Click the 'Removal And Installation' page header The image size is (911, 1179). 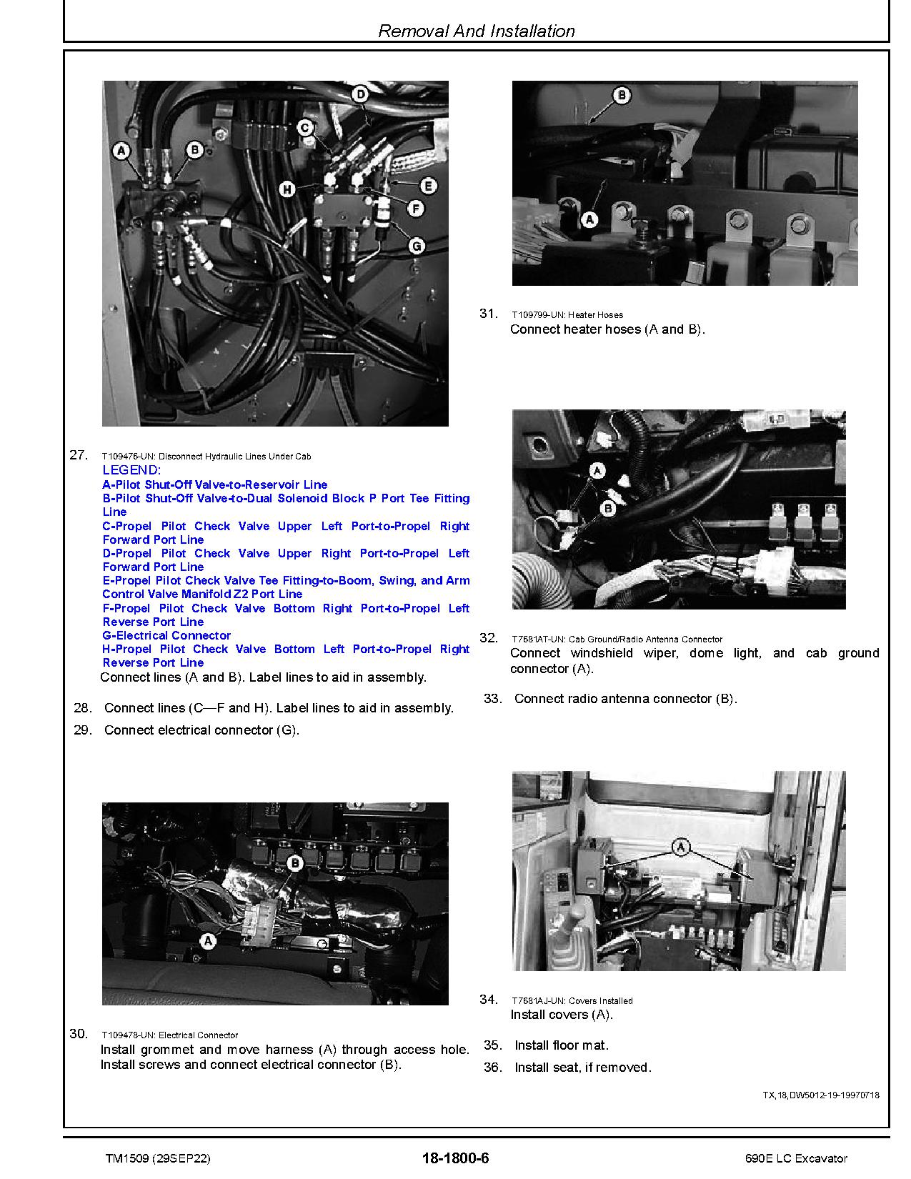coord(476,31)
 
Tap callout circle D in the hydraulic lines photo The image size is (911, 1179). coord(360,94)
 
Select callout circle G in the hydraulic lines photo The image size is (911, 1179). coord(416,245)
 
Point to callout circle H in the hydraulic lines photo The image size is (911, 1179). coord(287,189)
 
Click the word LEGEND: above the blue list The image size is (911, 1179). coord(131,470)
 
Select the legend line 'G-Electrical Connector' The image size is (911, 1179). coord(166,635)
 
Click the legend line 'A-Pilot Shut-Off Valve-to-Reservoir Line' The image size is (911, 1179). coord(214,484)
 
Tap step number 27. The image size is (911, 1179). coord(79,454)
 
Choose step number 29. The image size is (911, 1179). coord(83,730)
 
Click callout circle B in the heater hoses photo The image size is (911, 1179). coord(621,95)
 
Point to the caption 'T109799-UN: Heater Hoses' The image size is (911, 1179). coord(567,314)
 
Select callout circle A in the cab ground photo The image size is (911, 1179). coord(597,469)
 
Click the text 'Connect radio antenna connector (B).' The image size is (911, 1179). coord(625,699)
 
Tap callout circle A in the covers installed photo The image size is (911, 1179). coord(681,847)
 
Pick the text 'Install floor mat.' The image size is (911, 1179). coord(562,1045)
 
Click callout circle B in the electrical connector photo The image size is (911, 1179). coord(294,862)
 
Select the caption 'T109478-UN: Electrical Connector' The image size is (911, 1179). coord(169,1035)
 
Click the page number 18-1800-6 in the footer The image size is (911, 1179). coord(455,1158)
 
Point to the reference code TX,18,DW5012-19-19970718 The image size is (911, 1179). coord(821,1095)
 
